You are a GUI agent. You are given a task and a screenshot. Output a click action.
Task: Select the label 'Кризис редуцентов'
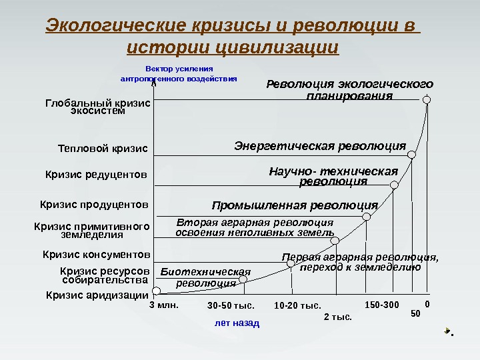(96, 175)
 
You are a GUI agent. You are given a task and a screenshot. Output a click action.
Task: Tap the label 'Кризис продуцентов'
(94, 203)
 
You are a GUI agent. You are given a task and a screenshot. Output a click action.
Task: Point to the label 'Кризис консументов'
(97, 254)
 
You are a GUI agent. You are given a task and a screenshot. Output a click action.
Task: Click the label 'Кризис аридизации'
(97, 295)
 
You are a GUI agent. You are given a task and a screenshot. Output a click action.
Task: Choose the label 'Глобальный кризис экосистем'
(97, 107)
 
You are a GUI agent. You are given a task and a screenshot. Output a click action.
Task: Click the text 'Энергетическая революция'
(320, 146)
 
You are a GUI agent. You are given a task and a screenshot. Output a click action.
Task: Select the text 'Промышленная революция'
(295, 205)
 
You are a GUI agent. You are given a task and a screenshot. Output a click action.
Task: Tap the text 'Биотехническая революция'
(205, 277)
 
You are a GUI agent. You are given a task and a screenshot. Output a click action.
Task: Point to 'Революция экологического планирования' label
(349, 90)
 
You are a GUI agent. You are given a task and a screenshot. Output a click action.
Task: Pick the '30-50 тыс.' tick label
(231, 307)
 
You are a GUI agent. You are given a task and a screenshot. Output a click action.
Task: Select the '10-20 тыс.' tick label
(297, 307)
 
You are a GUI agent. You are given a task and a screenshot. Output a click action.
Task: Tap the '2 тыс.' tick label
(337, 317)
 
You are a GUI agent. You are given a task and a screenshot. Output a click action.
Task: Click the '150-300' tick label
(382, 305)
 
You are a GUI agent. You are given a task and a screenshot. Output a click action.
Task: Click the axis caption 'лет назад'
(237, 322)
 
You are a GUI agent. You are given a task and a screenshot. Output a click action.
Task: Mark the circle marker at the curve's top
(427, 100)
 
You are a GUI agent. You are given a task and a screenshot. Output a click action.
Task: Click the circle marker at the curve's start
(156, 291)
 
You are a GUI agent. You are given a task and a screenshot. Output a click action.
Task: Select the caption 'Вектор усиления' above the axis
(179, 68)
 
